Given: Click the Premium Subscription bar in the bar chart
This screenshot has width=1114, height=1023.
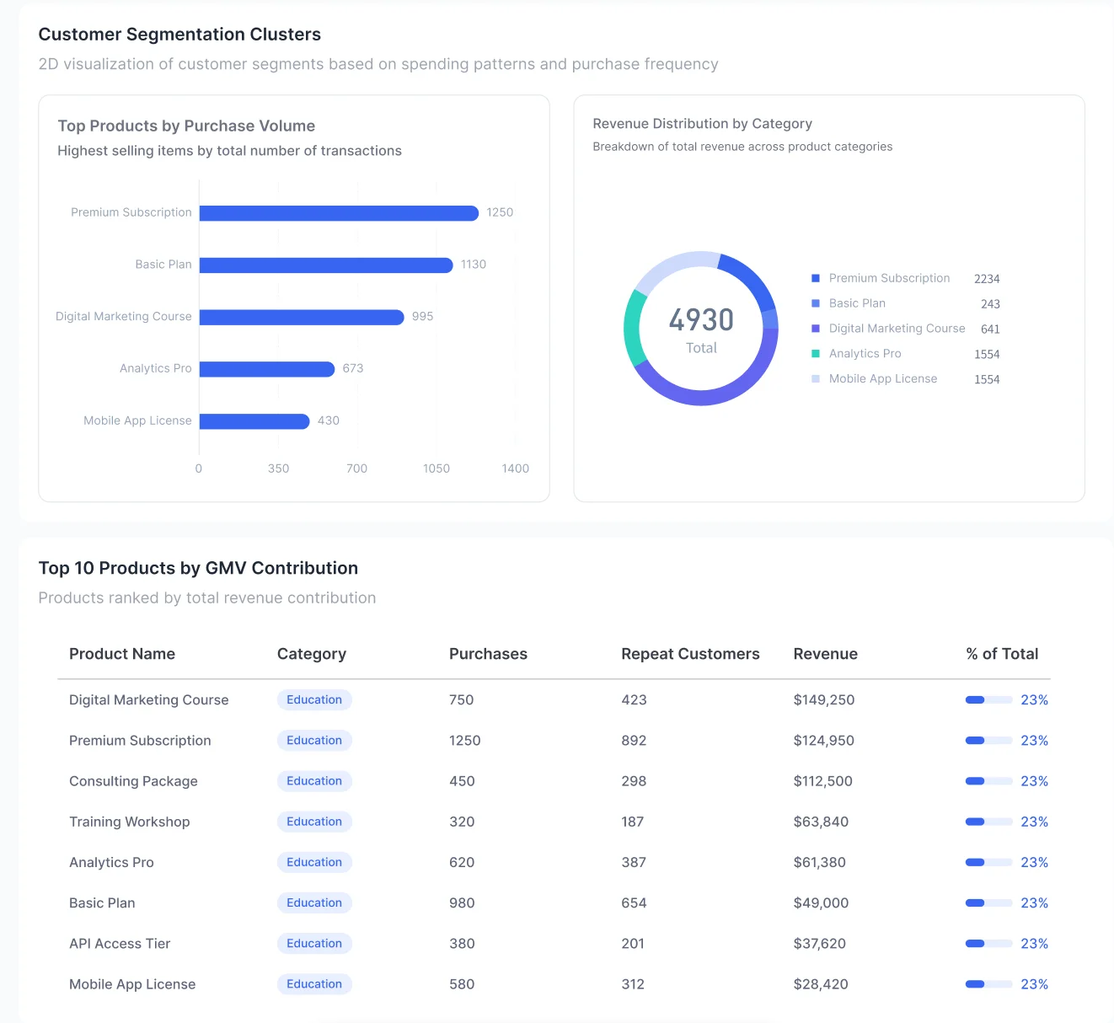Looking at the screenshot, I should click(x=339, y=213).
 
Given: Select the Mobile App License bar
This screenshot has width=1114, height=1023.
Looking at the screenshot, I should click(x=254, y=421).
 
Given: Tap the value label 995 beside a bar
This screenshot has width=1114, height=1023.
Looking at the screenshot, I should click(x=422, y=317).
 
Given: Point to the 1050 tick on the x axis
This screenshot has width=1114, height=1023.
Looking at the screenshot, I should click(x=436, y=469).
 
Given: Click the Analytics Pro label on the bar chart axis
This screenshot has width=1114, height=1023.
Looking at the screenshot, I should click(x=155, y=368).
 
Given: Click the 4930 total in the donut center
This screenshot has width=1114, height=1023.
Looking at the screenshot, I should click(x=701, y=320).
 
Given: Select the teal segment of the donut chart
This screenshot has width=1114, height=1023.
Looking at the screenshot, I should click(x=632, y=329).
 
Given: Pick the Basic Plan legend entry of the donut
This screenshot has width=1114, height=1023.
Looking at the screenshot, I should click(x=857, y=303).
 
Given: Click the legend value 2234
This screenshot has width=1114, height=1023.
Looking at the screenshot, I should click(x=986, y=279).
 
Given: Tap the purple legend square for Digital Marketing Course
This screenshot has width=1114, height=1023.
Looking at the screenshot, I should click(x=816, y=329).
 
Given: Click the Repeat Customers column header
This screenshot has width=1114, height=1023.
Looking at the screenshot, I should click(x=690, y=654).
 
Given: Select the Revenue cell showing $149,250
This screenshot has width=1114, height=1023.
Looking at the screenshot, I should click(x=823, y=700).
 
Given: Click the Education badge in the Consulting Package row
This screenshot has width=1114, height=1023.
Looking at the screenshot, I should click(x=314, y=781).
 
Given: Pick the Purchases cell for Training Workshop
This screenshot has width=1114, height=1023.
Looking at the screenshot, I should click(x=462, y=822).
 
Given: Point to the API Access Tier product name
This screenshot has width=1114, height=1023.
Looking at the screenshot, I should click(x=120, y=944).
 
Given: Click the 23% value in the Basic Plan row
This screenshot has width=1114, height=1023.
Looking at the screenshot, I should click(x=1034, y=903).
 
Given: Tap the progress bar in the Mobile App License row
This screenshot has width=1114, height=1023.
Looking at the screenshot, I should click(x=988, y=984).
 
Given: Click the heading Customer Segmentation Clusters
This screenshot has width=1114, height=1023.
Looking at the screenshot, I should click(x=179, y=35).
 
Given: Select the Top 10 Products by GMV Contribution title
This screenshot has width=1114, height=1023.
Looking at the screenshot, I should click(x=198, y=568).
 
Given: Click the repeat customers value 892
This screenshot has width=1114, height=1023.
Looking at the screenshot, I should click(x=634, y=741).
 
